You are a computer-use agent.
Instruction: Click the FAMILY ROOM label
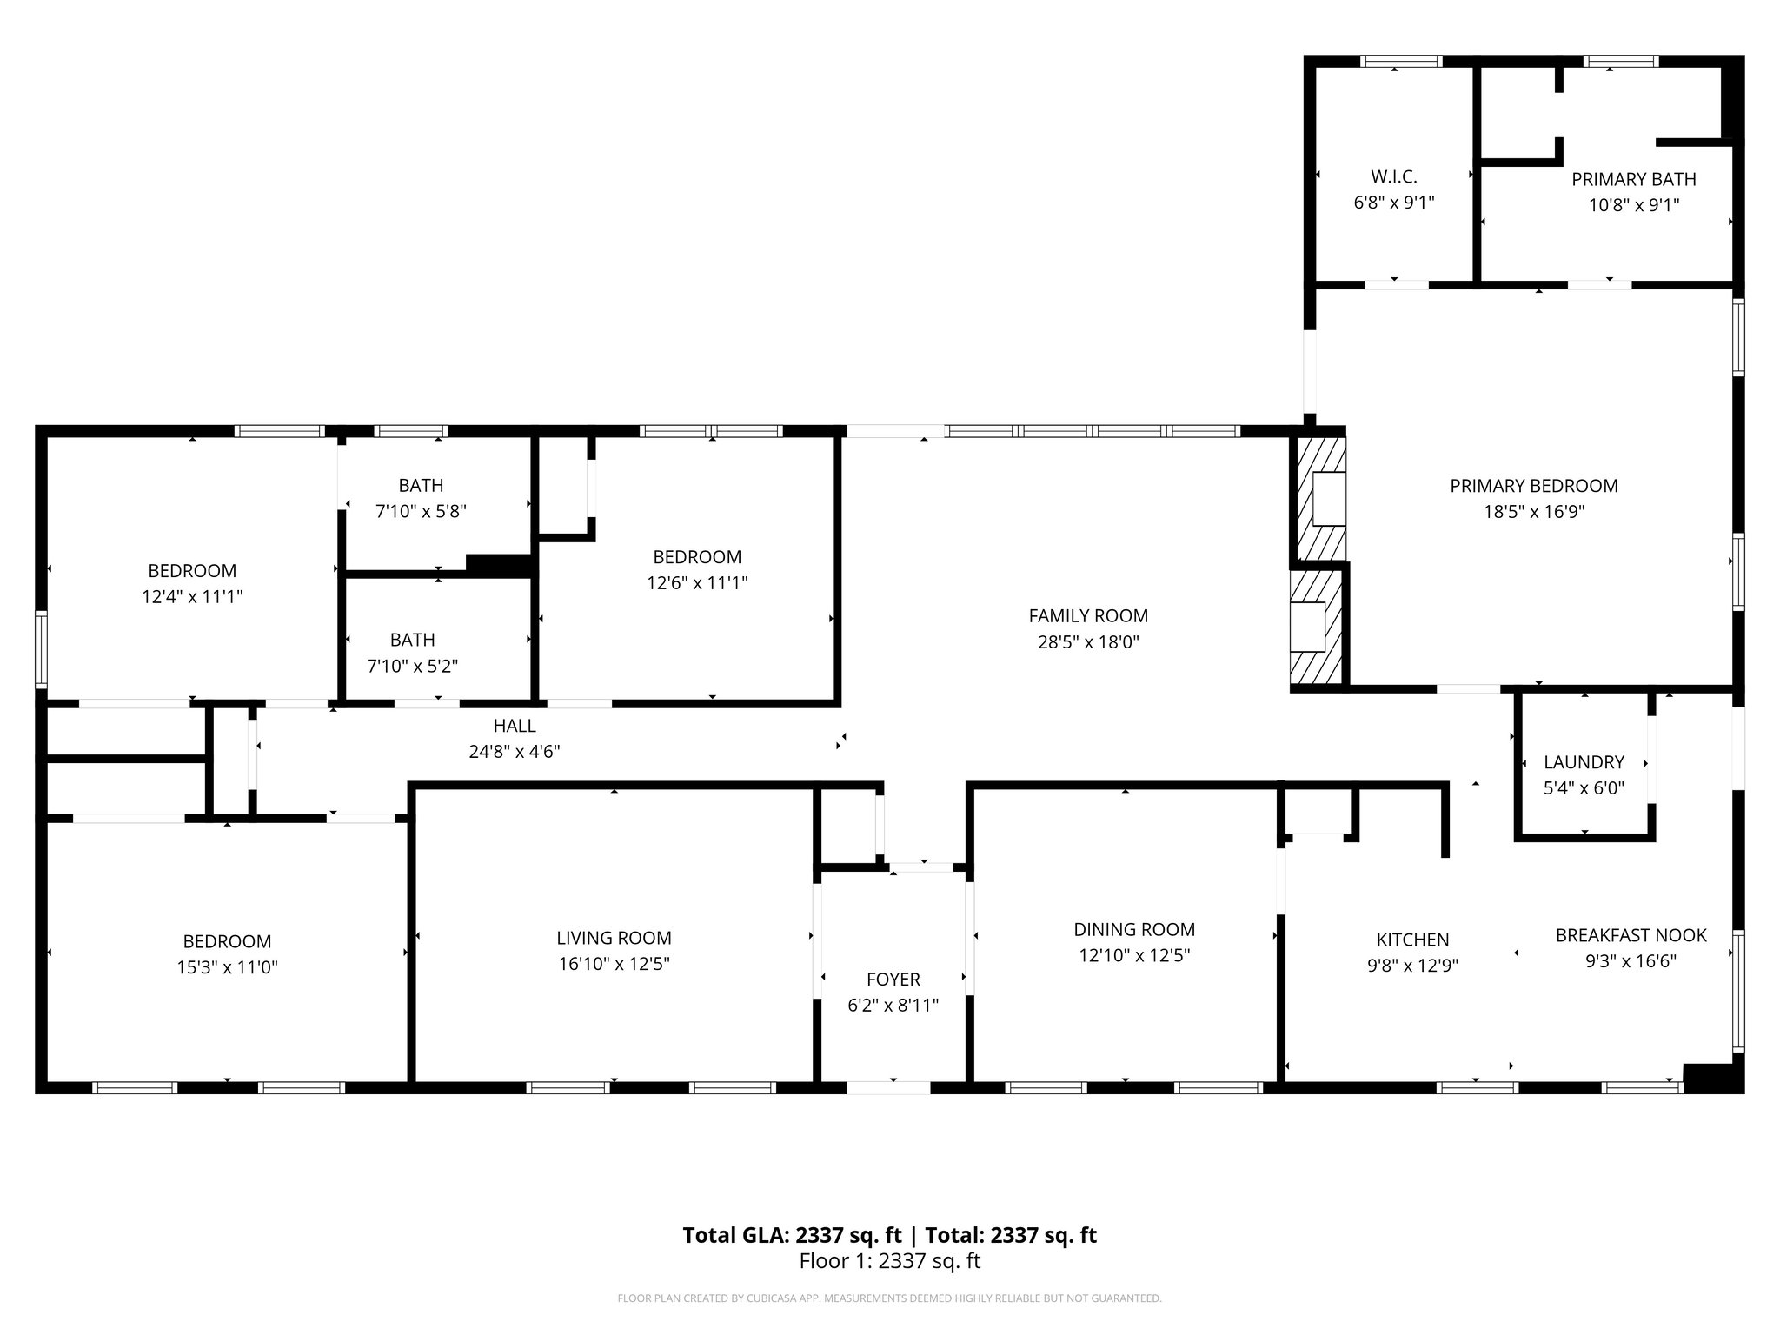tap(1088, 616)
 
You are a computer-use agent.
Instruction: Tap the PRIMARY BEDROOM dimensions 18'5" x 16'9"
tap(1534, 512)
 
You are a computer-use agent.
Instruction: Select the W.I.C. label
tap(1394, 177)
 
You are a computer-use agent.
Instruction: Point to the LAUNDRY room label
tap(1584, 762)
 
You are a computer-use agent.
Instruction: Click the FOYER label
tap(893, 980)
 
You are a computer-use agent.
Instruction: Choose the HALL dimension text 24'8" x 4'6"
tap(515, 752)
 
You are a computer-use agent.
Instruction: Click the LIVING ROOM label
tap(614, 938)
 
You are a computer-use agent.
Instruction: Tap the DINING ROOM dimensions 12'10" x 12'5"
tap(1134, 956)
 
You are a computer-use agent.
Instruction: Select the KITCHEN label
tap(1412, 940)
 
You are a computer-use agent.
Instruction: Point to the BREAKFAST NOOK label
tap(1631, 935)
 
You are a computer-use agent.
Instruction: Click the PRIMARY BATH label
tap(1634, 179)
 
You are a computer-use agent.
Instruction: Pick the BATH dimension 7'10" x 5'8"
tap(421, 512)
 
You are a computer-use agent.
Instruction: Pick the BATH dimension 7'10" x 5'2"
tap(413, 667)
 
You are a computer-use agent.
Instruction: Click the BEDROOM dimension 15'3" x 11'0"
tap(227, 967)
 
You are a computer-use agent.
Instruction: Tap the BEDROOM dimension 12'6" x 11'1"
tap(697, 583)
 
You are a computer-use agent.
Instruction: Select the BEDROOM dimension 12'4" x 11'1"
tap(192, 597)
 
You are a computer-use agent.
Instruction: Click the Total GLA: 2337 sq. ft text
tap(792, 1235)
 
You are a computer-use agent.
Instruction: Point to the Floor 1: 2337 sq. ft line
tap(889, 1261)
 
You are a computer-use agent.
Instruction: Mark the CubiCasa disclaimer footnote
tap(889, 1298)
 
